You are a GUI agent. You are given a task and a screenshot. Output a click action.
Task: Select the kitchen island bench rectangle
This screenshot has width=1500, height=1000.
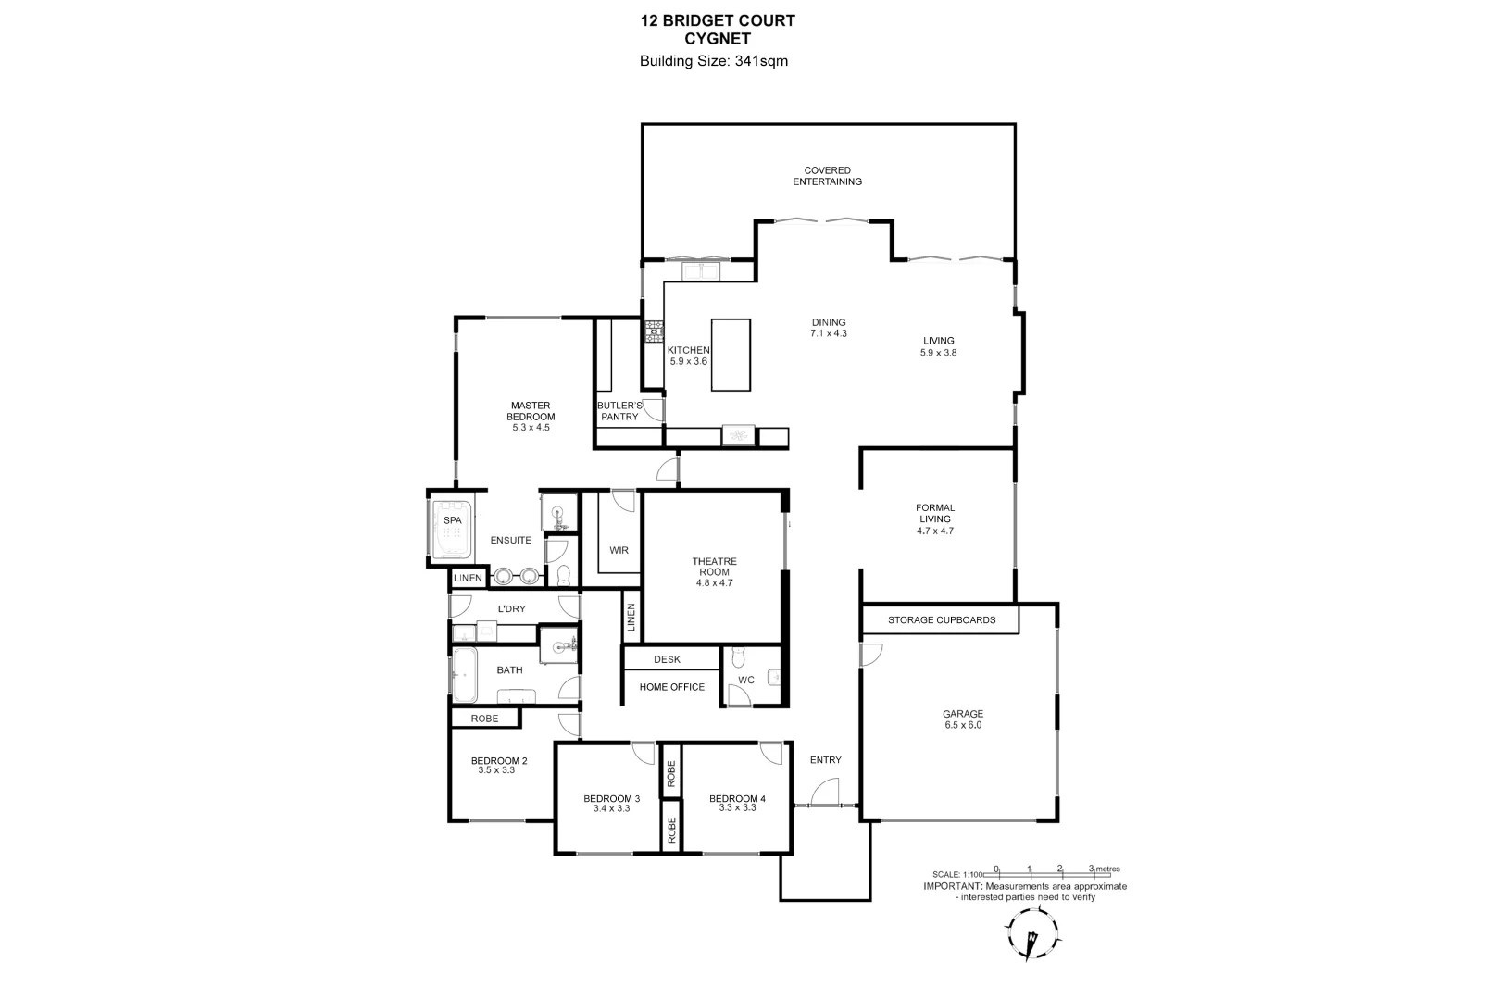[x=731, y=355]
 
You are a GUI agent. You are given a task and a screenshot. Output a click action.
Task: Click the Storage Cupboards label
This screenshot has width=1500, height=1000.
[x=941, y=619]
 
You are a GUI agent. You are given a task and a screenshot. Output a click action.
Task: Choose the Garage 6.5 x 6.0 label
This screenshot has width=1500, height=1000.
[x=962, y=719]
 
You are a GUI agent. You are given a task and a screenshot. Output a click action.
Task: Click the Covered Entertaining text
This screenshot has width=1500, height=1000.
[x=827, y=176]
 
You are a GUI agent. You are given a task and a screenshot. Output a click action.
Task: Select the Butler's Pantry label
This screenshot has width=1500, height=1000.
[x=619, y=411]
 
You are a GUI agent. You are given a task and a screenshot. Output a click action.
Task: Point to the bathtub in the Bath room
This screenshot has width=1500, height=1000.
[x=464, y=674]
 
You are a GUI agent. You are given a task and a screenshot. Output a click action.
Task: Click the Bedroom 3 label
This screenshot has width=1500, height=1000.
[x=611, y=803]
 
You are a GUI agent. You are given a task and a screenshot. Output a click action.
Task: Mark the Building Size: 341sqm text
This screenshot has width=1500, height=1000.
[x=713, y=61]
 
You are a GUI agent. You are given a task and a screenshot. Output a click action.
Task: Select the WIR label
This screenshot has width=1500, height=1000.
[x=619, y=550]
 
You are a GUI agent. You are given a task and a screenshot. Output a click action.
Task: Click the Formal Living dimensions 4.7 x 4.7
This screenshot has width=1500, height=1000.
[x=934, y=531]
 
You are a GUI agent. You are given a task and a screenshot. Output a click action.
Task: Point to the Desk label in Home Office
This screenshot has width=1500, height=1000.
[x=667, y=659]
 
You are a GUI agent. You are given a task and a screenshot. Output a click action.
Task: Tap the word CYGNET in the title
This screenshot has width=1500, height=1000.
[x=718, y=38]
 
